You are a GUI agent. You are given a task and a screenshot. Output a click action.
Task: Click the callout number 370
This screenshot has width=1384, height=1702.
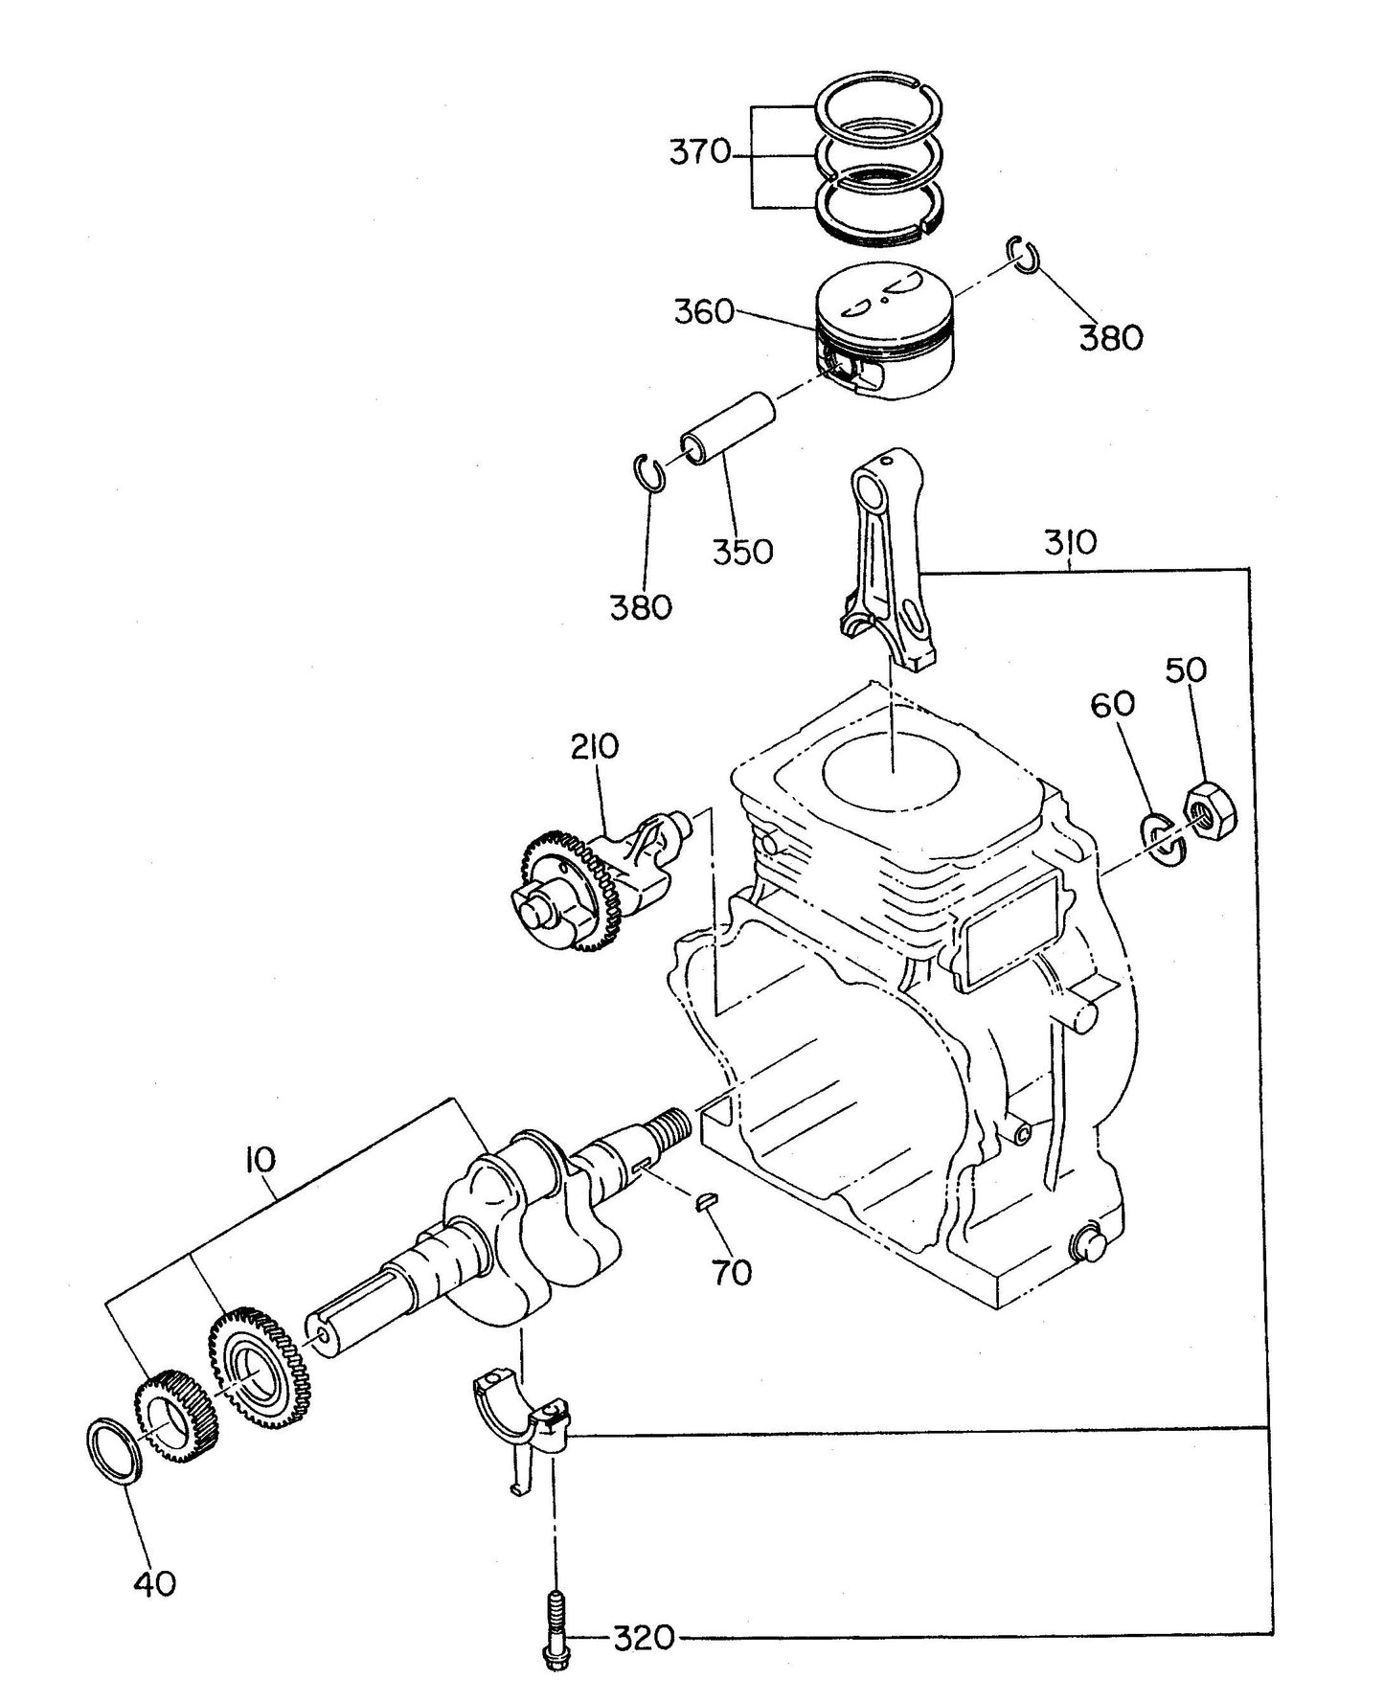tap(699, 153)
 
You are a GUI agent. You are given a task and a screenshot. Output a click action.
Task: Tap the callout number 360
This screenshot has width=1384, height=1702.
tap(704, 312)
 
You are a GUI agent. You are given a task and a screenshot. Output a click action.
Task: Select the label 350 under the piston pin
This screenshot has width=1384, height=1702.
tap(742, 552)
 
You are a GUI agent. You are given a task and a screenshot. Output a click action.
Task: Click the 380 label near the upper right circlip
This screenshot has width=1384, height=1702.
tap(1111, 337)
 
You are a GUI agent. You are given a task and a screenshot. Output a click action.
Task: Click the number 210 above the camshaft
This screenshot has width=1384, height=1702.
tap(596, 746)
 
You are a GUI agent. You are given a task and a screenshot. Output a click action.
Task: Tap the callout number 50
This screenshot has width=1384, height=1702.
tap(1186, 669)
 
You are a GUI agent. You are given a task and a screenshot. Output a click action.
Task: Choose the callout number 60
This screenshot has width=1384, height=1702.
tap(1112, 704)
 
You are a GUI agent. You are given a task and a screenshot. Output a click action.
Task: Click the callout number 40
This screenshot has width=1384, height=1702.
tap(154, 1584)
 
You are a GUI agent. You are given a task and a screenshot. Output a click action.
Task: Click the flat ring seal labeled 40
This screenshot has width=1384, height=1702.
tap(115, 1451)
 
